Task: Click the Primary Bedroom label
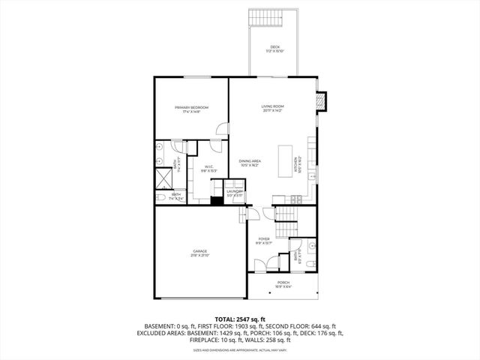click(x=191, y=108)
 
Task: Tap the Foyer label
click(x=263, y=240)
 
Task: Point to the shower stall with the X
click(x=163, y=177)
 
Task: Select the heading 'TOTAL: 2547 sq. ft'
click(x=240, y=319)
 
